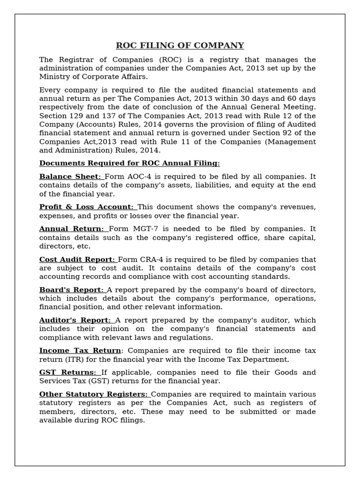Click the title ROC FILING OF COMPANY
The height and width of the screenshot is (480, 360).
180,45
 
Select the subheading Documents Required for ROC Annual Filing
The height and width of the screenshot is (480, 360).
129,163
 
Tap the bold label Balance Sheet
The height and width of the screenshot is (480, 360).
70,176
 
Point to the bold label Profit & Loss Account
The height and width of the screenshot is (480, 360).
86,207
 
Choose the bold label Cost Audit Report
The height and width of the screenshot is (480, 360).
77,259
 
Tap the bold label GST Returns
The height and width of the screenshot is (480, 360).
68,372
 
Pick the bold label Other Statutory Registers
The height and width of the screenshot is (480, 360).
94,394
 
